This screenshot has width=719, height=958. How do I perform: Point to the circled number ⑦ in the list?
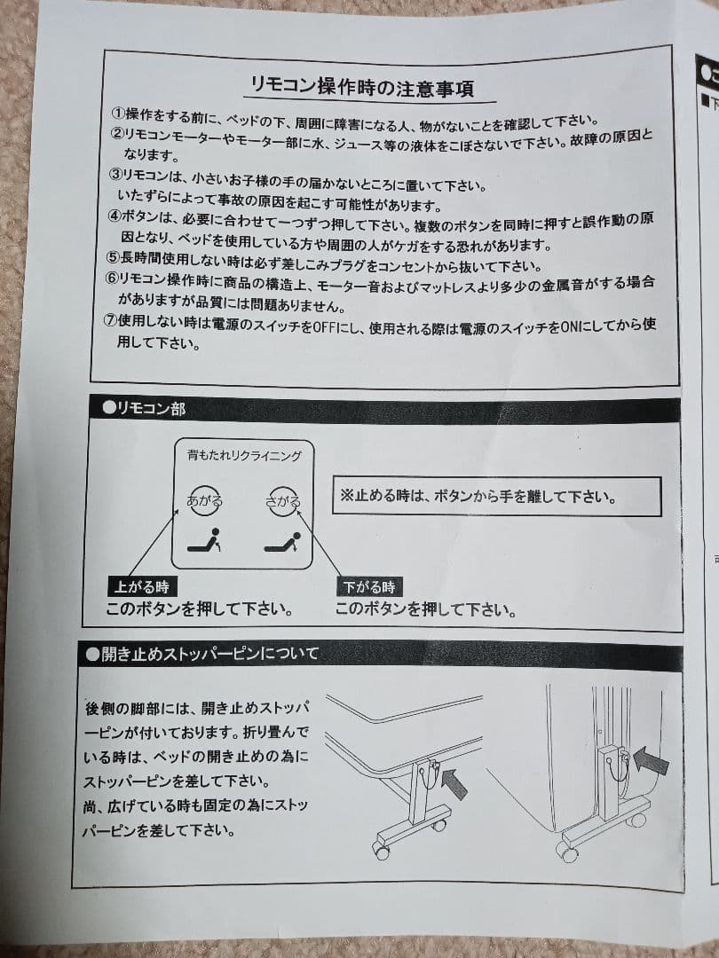[111, 325]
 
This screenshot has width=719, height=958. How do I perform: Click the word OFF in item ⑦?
[322, 326]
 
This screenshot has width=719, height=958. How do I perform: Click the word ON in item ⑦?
[572, 326]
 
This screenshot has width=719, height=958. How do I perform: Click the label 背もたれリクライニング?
[243, 456]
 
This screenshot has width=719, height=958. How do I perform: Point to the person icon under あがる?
[205, 542]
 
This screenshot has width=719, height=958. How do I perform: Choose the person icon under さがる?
[283, 542]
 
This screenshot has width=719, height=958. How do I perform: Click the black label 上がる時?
[141, 586]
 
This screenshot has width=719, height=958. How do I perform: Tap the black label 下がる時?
[369, 586]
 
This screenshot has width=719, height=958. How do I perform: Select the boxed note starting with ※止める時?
[497, 497]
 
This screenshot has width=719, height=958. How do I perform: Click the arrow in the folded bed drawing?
[652, 760]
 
